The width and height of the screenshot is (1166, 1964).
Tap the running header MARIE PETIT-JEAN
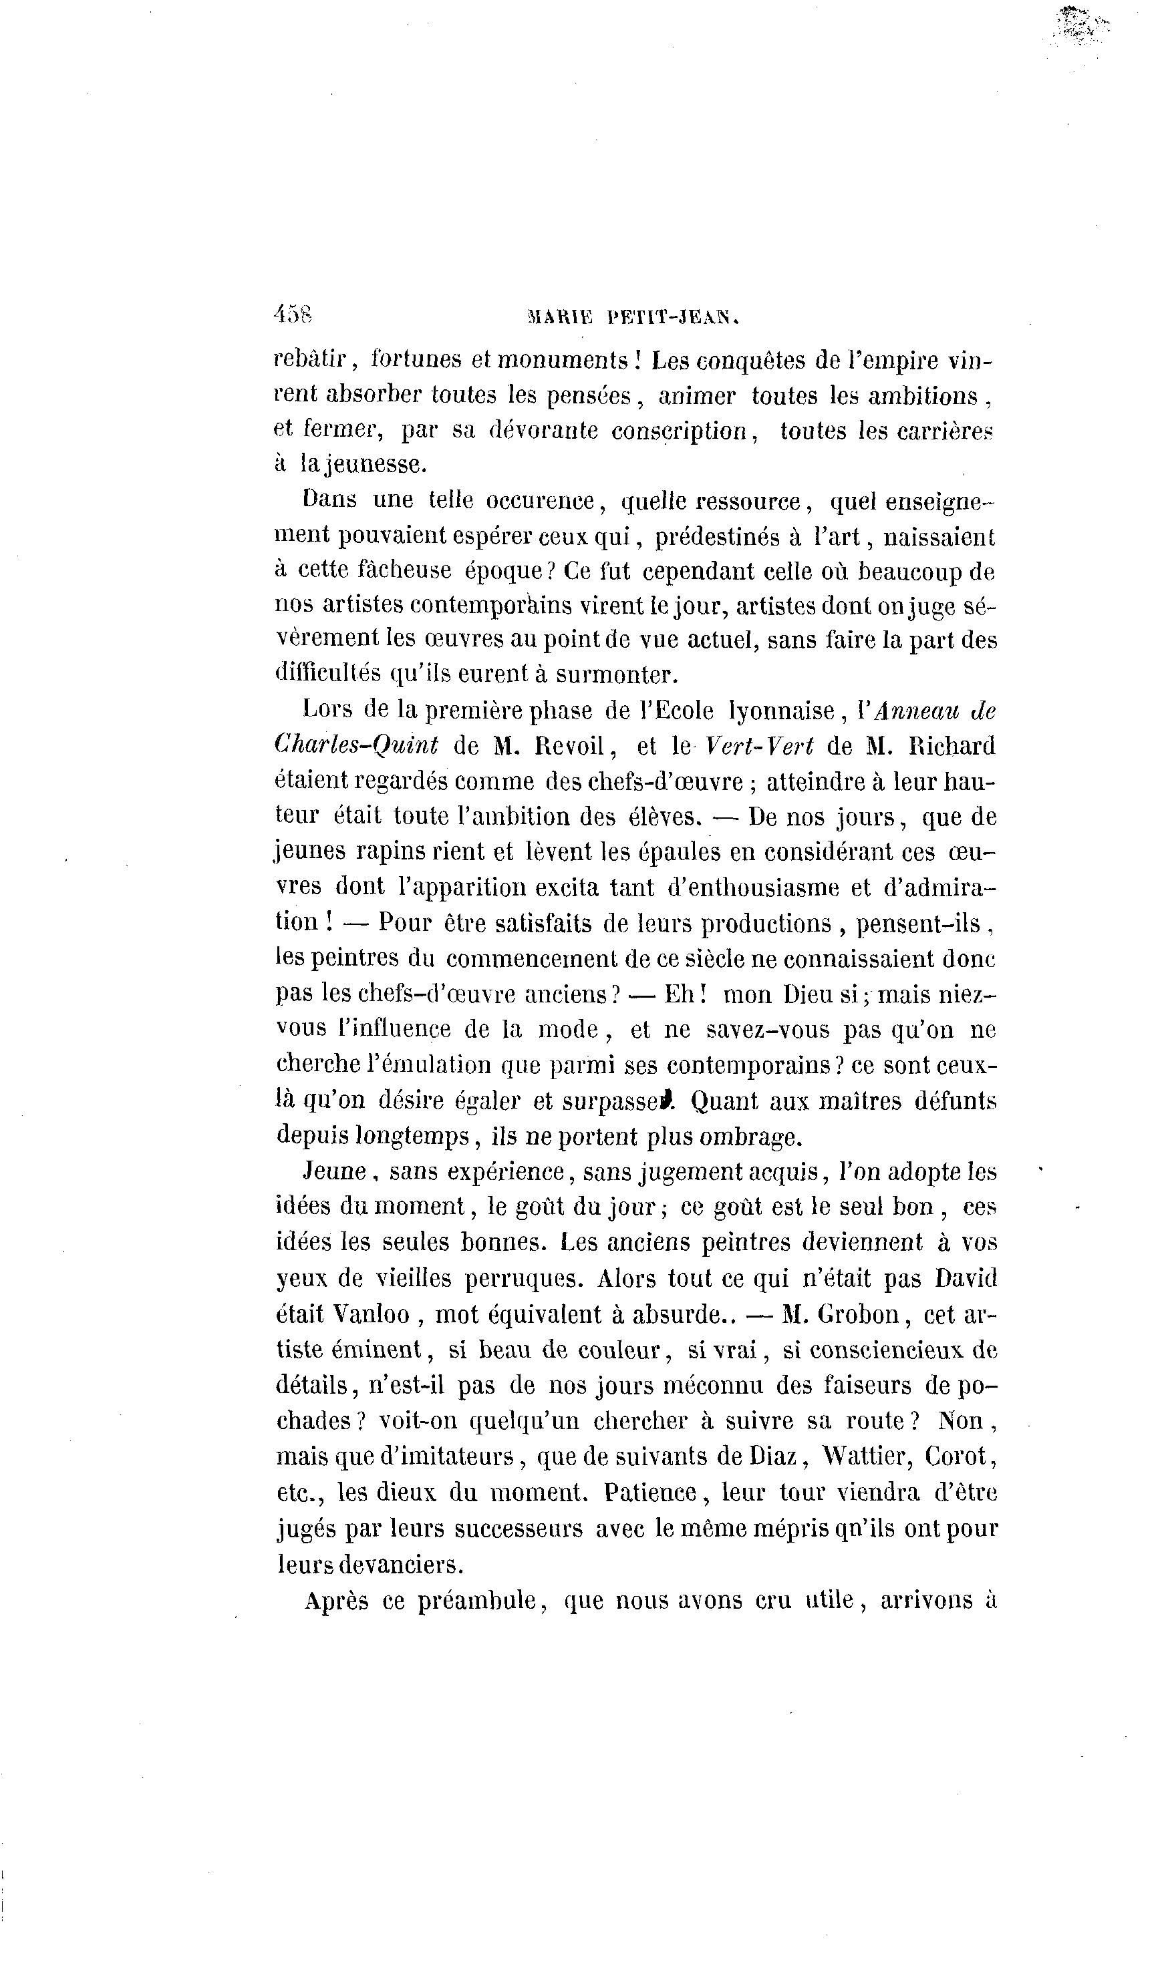[634, 317]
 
